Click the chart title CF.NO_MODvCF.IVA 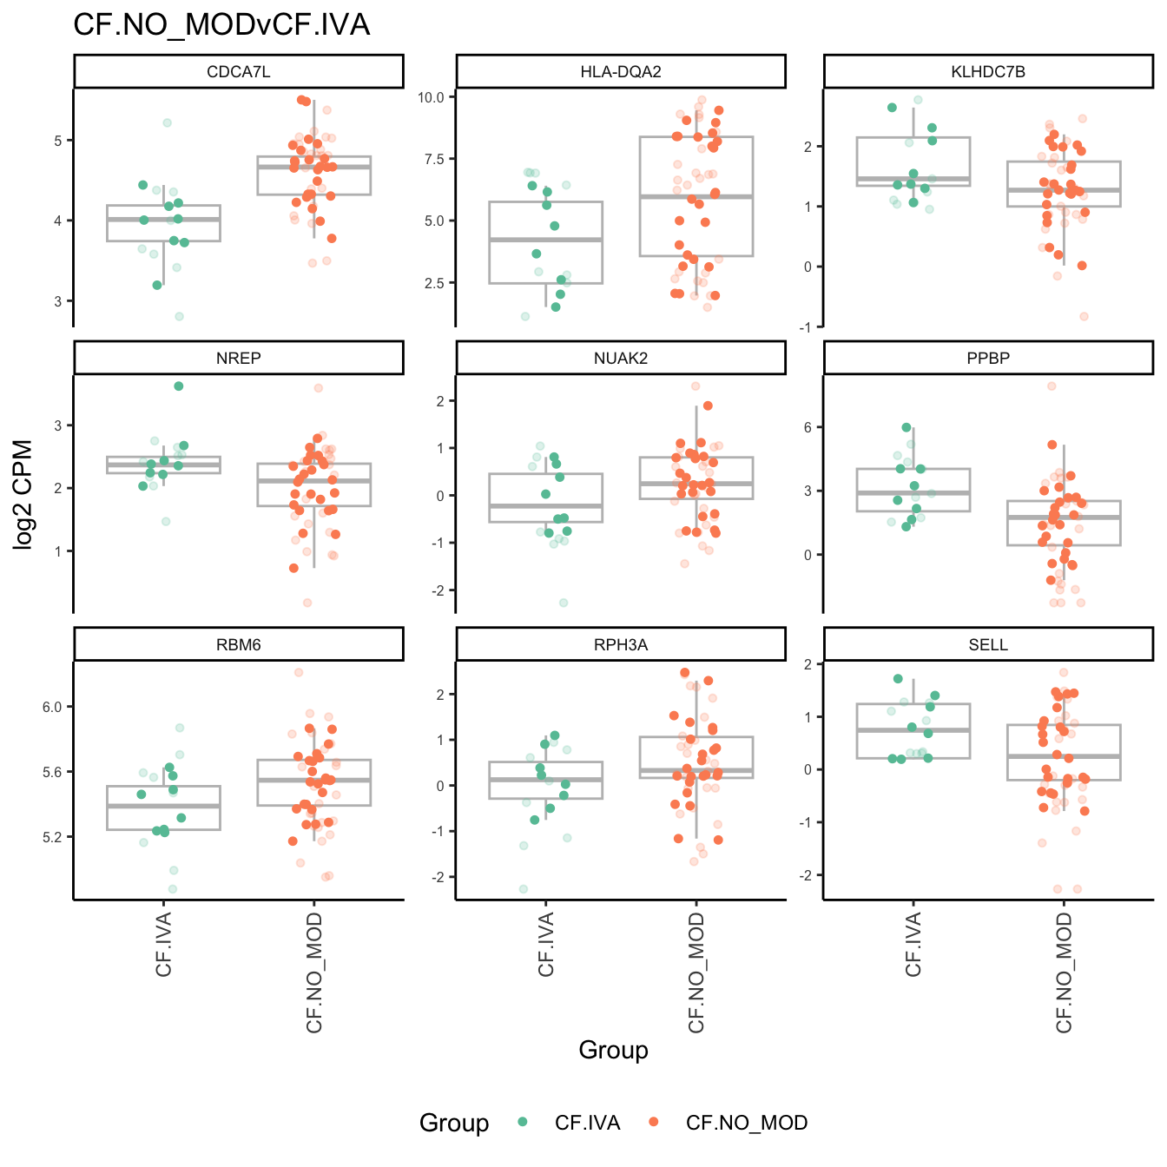tap(221, 24)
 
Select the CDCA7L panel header tap(239, 71)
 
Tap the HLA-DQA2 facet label tap(621, 71)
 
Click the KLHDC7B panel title tap(988, 71)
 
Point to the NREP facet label tap(239, 358)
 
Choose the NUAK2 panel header tap(621, 358)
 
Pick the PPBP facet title tap(988, 358)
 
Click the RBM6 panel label tap(239, 644)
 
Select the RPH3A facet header tap(621, 644)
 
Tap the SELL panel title tap(988, 644)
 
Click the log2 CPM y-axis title tap(23, 495)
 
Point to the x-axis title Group tap(613, 1050)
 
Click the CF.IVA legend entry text tap(588, 1123)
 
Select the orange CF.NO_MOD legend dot tap(654, 1123)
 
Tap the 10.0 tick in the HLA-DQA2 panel tap(431, 97)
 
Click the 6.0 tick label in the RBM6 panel tap(52, 707)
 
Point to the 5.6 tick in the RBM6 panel tap(52, 772)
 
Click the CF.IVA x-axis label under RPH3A tap(546, 945)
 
